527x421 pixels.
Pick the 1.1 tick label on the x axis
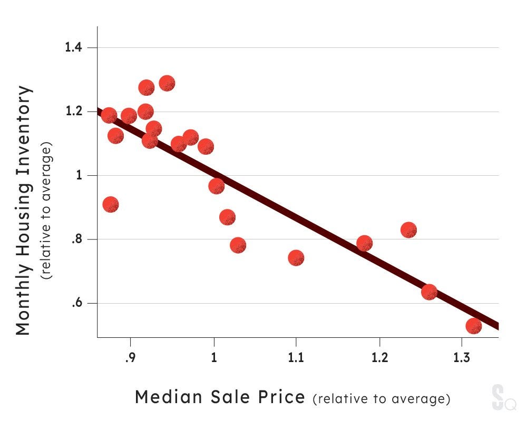click(296, 358)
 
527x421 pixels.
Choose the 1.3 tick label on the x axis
click(462, 358)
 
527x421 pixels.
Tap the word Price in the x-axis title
click(282, 397)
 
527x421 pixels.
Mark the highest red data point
click(167, 83)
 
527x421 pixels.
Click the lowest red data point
click(474, 326)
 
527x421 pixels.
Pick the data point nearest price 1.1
click(296, 258)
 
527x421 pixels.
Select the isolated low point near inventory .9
click(111, 205)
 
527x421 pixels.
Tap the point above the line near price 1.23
click(408, 230)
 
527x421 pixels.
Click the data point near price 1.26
click(429, 292)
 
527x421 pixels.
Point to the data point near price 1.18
click(365, 243)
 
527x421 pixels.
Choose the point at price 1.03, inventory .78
click(238, 245)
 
